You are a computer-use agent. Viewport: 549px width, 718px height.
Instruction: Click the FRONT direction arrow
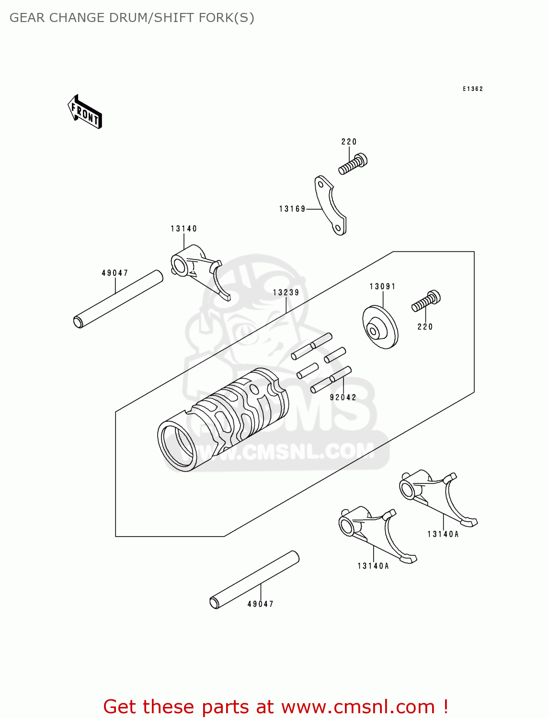pyautogui.click(x=85, y=112)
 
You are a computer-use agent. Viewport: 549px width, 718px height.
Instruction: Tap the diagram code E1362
pyautogui.click(x=472, y=89)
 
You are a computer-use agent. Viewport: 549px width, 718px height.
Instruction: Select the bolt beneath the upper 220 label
pyautogui.click(x=353, y=164)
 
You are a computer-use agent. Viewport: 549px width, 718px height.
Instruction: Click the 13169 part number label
pyautogui.click(x=292, y=209)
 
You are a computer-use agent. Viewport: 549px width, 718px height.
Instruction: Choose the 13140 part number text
pyautogui.click(x=183, y=229)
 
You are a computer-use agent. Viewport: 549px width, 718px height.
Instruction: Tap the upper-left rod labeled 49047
pyautogui.click(x=118, y=299)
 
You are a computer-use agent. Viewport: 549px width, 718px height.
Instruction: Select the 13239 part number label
pyautogui.click(x=286, y=292)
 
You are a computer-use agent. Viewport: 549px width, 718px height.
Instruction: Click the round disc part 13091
pyautogui.click(x=380, y=328)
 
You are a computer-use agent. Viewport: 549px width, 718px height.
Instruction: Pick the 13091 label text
pyautogui.click(x=382, y=287)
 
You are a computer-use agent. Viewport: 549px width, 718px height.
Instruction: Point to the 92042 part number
pyautogui.click(x=343, y=397)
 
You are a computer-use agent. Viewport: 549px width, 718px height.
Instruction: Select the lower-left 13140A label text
pyautogui.click(x=373, y=566)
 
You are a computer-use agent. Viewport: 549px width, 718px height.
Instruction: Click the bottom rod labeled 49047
pyautogui.click(x=254, y=580)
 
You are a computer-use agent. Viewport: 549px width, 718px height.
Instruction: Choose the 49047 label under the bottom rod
pyautogui.click(x=260, y=604)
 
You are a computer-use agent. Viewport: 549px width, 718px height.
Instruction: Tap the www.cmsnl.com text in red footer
pyautogui.click(x=358, y=707)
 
